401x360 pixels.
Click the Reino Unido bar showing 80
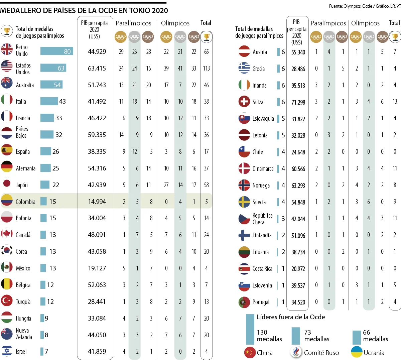click(56, 51)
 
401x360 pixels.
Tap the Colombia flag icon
click(7, 201)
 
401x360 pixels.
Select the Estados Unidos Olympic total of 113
click(207, 68)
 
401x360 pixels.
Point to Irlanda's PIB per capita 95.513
click(298, 86)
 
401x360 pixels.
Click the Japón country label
click(22, 185)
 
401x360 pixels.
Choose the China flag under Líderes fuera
click(250, 353)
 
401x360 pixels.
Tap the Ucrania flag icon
click(357, 352)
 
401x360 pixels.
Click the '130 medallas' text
click(269, 336)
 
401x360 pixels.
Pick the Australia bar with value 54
click(51, 85)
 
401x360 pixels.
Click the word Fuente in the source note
click(336, 6)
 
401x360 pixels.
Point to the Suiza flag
click(244, 102)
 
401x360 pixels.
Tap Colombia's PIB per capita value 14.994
click(97, 202)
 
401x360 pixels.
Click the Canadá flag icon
click(7, 235)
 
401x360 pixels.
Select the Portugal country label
click(261, 302)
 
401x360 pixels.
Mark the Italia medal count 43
click(62, 101)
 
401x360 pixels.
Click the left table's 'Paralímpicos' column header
click(133, 23)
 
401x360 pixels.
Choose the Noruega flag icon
click(244, 185)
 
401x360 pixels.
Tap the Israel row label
click(21, 351)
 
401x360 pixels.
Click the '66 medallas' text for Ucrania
click(375, 336)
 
